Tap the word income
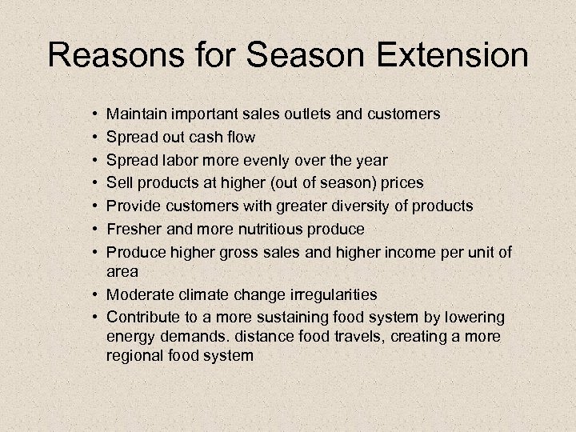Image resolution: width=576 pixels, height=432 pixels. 412,252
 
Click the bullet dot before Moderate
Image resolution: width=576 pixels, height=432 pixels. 95,295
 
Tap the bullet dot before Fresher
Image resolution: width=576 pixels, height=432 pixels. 95,230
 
